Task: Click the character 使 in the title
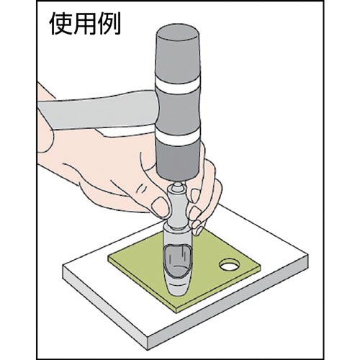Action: (x=60, y=24)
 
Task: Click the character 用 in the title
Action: (x=84, y=24)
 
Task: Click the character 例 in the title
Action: (x=109, y=24)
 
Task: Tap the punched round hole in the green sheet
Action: (x=230, y=265)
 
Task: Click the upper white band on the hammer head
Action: (x=178, y=85)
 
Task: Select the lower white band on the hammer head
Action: (x=178, y=136)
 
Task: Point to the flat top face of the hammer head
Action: (x=178, y=32)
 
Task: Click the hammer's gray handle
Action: (x=96, y=112)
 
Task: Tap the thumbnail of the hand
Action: (x=161, y=207)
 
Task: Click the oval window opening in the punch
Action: (x=178, y=261)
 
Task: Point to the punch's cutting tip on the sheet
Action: (x=178, y=290)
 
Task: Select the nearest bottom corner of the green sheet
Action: (x=176, y=312)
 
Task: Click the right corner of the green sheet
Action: (x=260, y=267)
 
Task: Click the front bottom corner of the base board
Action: (x=149, y=349)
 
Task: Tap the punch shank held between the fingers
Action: (x=178, y=210)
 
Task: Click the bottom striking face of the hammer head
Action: (x=178, y=176)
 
